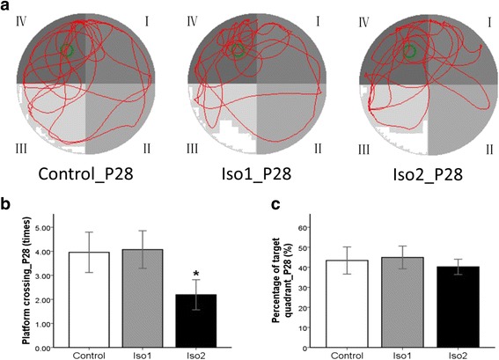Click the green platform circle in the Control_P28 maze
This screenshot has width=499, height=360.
[x=67, y=51]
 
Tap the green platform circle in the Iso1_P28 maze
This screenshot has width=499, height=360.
[x=236, y=51]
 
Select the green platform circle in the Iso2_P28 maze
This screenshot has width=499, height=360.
[x=408, y=53]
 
